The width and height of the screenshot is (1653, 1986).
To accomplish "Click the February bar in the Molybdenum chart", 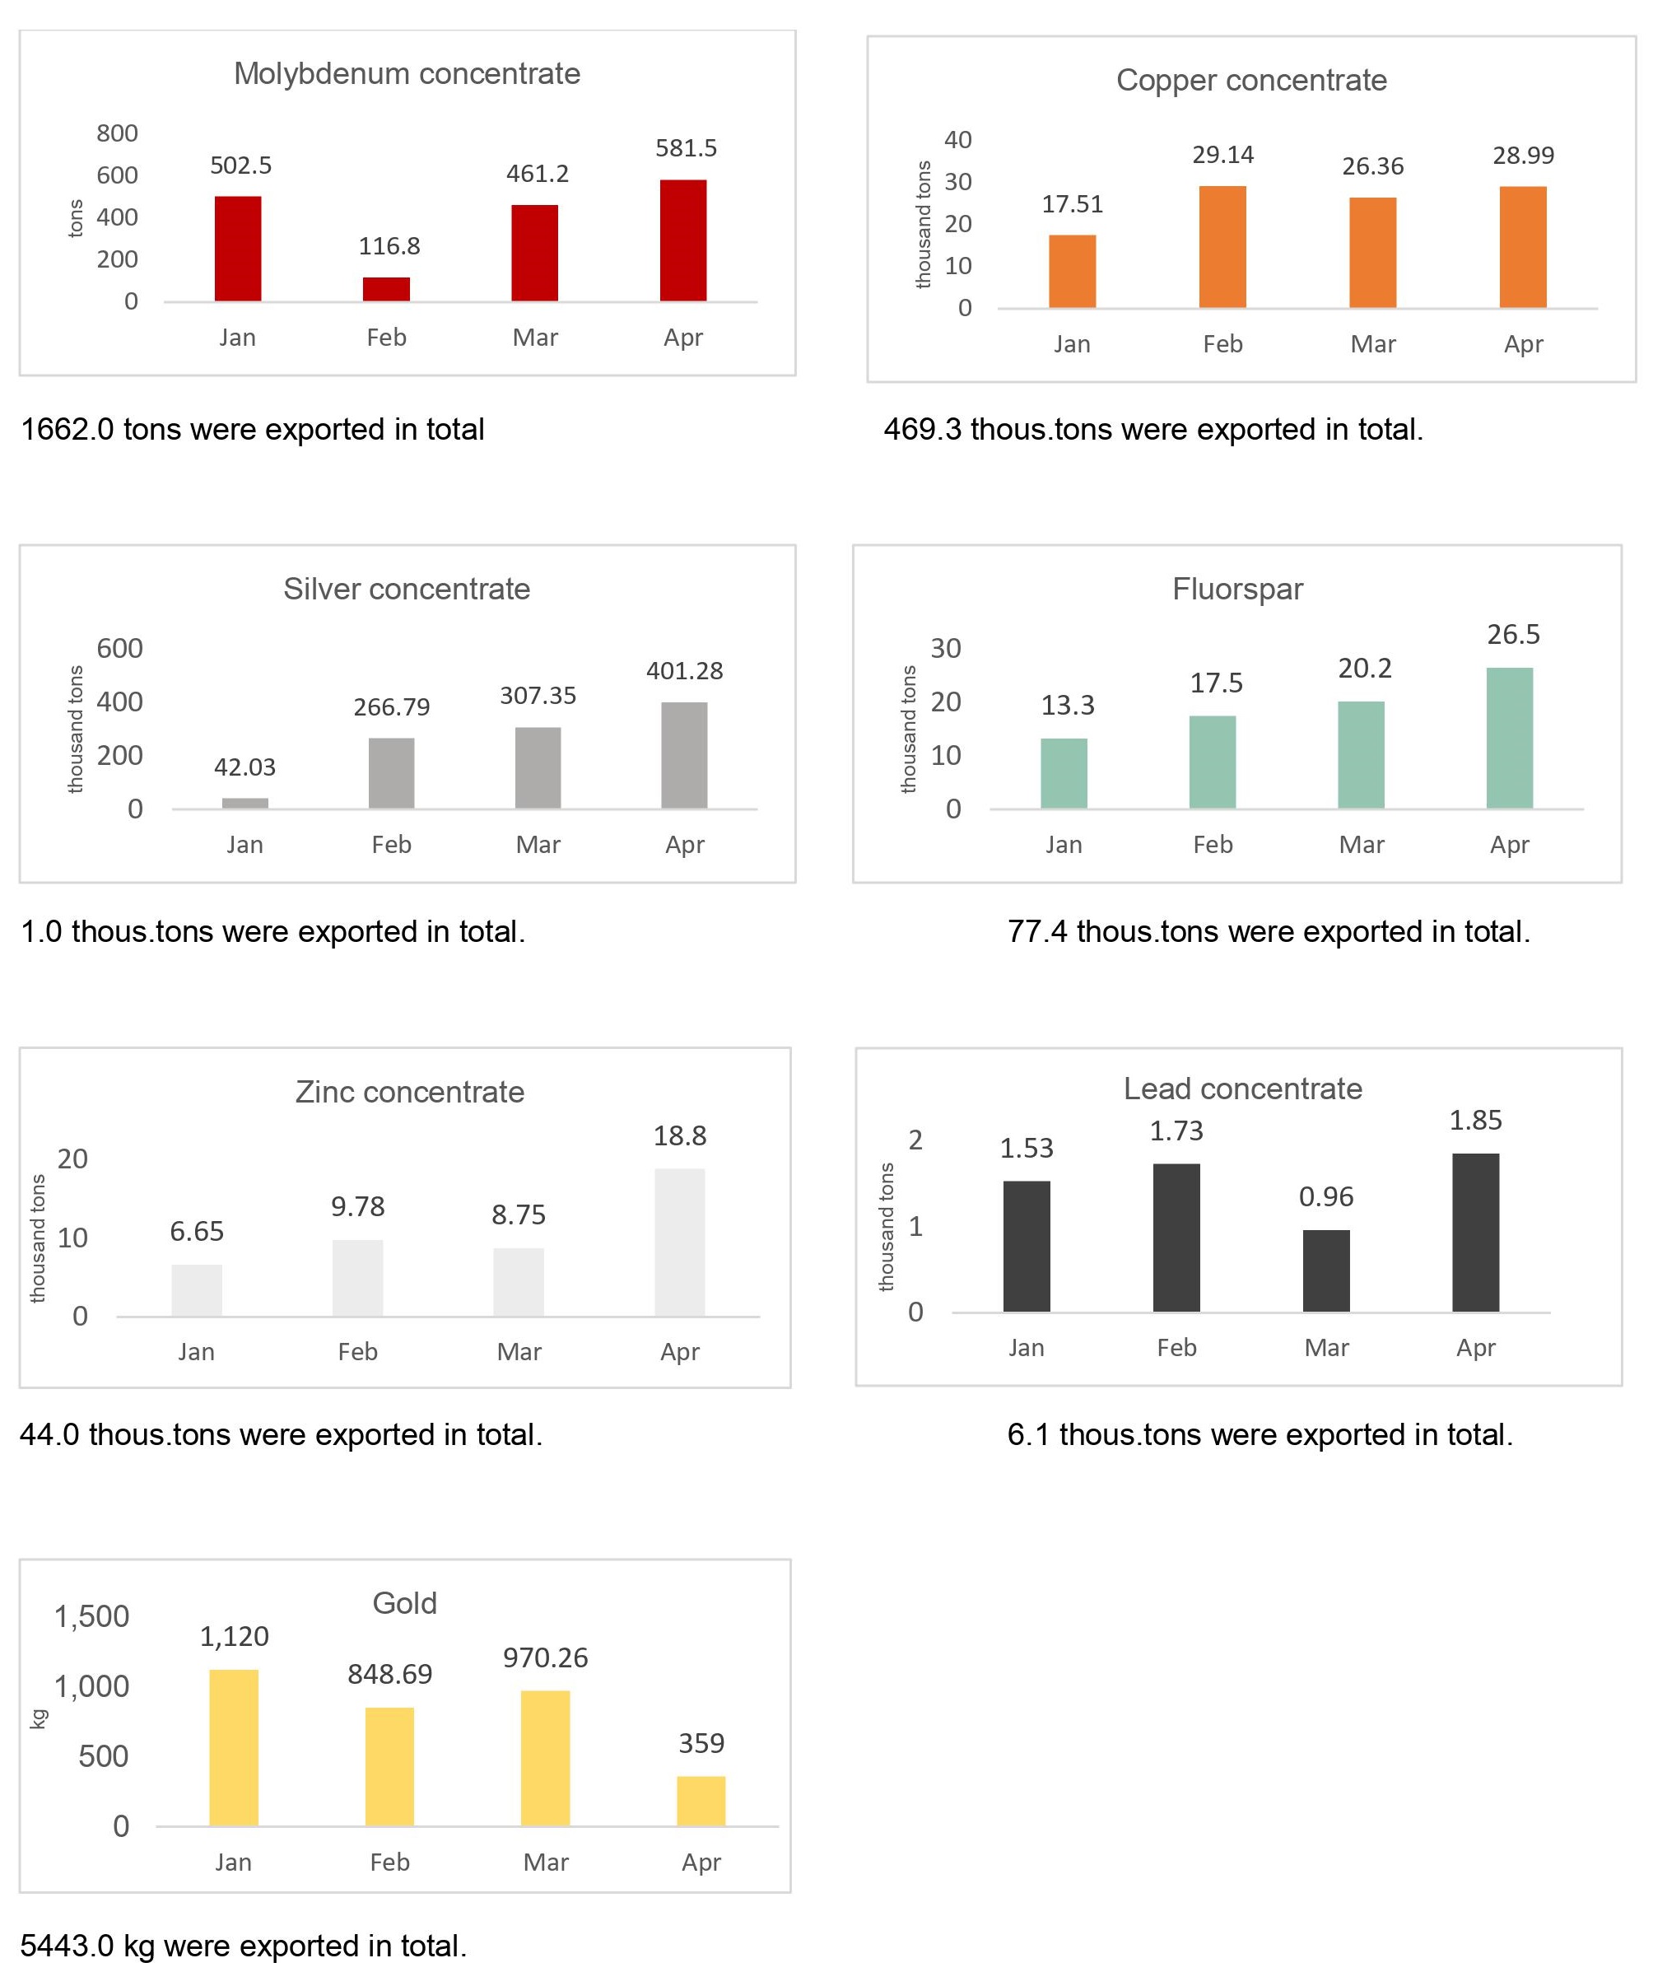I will click(x=386, y=289).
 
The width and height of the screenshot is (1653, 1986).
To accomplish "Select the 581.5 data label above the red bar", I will click(x=686, y=148).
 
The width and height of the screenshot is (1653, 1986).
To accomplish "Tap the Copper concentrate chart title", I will click(x=1251, y=81).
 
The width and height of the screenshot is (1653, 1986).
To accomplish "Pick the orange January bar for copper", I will click(x=1073, y=272).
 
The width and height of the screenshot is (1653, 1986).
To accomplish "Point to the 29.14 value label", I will click(x=1222, y=155).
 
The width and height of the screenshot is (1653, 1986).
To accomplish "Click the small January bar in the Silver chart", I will click(x=245, y=803).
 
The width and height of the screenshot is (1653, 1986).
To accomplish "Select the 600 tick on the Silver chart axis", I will click(x=120, y=649).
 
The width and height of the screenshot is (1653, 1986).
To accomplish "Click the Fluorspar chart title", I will click(x=1237, y=590).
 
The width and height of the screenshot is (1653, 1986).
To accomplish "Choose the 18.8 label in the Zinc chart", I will click(x=680, y=1135).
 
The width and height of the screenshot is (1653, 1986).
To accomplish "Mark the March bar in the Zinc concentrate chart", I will click(x=519, y=1281).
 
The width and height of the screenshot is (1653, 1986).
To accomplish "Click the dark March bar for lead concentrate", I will click(x=1326, y=1270).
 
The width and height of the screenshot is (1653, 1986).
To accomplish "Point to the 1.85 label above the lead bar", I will click(x=1475, y=1121).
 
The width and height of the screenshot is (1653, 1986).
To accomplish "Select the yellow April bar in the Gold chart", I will click(x=701, y=1801).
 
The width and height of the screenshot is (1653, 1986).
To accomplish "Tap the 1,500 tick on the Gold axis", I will click(x=91, y=1616).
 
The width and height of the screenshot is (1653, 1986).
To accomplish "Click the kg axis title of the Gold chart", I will click(x=39, y=1718).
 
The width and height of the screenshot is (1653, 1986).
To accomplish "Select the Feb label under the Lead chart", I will click(x=1176, y=1348).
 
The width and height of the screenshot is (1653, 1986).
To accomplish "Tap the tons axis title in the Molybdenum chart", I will click(x=76, y=217).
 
